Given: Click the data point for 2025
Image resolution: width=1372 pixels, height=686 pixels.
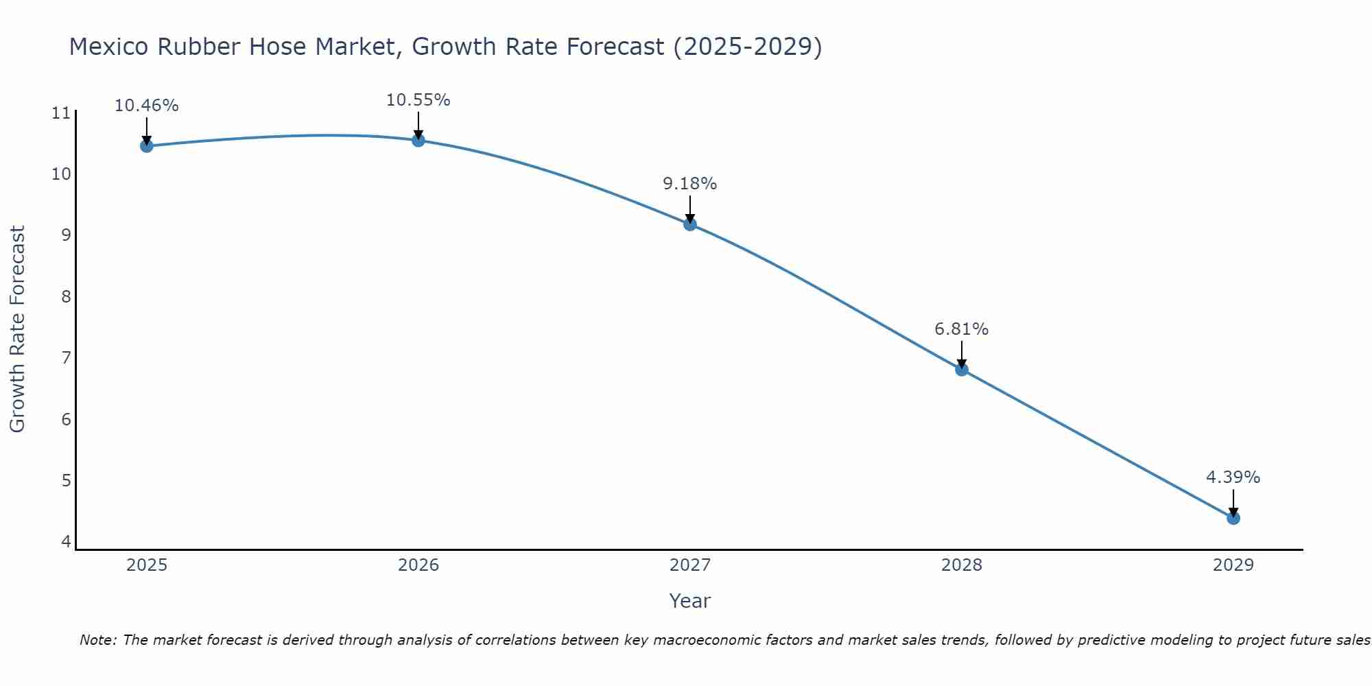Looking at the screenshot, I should tap(146, 145).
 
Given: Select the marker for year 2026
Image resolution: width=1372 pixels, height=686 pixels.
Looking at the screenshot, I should tap(418, 140).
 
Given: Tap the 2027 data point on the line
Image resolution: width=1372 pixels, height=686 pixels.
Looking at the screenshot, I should tap(689, 224).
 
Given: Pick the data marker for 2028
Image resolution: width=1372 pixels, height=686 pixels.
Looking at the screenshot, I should tap(961, 369).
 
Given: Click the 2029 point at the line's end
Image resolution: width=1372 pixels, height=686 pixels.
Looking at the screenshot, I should tap(1233, 517).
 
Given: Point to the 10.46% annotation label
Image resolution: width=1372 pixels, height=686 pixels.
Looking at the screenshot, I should tap(146, 106).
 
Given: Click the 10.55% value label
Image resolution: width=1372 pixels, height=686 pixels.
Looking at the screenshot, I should tap(418, 100).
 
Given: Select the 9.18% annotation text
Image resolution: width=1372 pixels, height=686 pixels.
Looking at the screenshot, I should tap(689, 184).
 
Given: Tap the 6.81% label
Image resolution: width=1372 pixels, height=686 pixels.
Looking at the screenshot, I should tap(961, 329).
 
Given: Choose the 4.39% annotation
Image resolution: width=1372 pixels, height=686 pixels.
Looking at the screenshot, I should tap(1233, 477).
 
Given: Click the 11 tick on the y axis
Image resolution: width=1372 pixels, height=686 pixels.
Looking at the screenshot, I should tap(61, 113).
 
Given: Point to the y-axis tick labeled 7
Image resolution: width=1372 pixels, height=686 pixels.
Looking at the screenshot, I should tap(66, 358).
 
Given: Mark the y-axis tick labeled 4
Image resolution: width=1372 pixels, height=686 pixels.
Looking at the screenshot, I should tap(66, 541).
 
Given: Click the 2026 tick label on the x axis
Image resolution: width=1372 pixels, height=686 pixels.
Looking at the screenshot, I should tap(418, 565).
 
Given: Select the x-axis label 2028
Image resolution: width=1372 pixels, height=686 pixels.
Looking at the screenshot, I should tap(961, 565).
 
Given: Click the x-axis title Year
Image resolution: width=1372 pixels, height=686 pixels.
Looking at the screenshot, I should tap(689, 601).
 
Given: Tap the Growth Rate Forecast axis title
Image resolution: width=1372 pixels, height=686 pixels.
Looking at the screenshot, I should tap(17, 329).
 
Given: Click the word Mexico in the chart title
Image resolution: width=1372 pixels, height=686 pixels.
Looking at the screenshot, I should tap(109, 47).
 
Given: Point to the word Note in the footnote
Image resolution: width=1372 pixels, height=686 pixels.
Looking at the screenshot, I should tap(98, 640).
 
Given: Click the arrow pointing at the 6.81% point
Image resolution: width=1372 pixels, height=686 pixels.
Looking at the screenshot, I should tap(961, 353).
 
